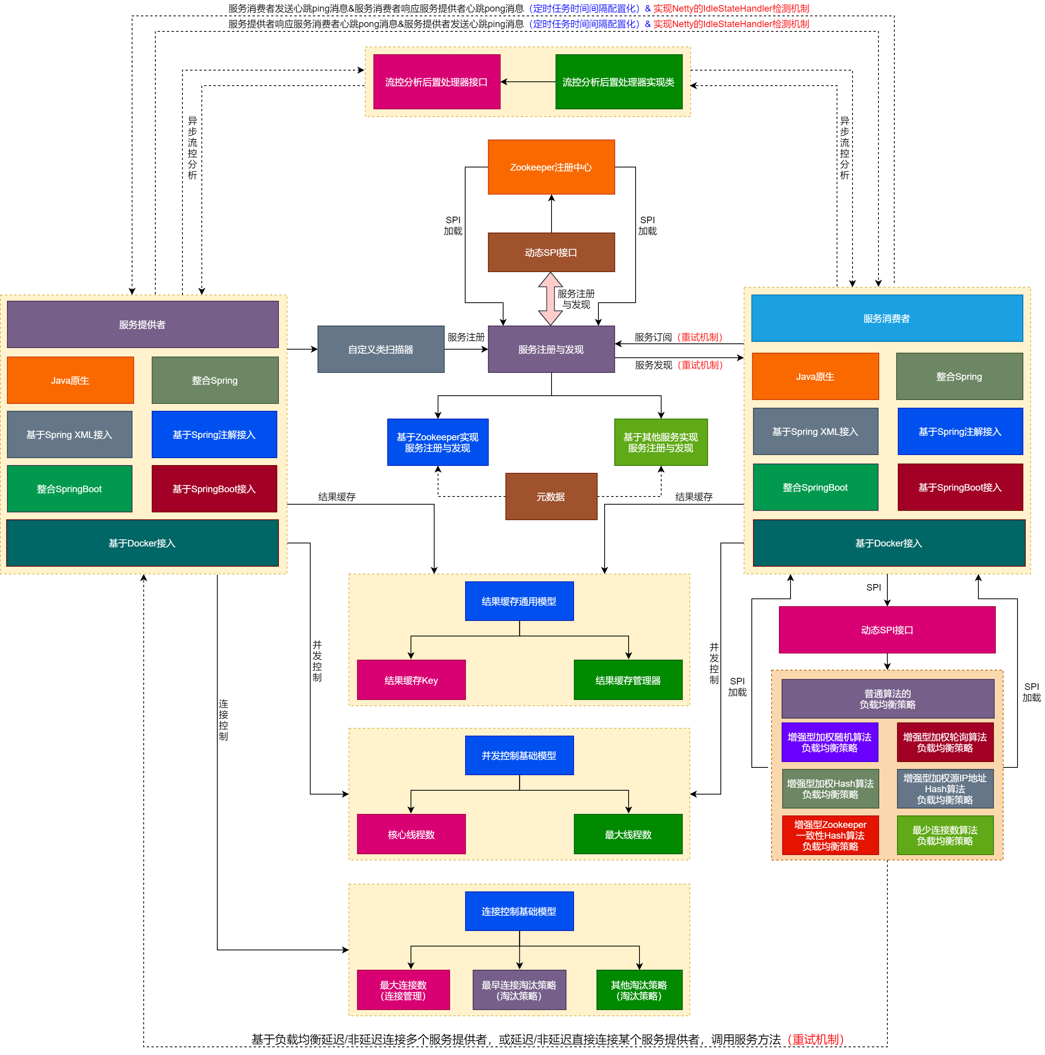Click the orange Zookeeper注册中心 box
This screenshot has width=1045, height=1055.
pos(551,167)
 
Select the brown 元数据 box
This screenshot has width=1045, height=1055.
pos(551,496)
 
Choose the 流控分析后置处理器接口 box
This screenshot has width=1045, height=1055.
pos(436,82)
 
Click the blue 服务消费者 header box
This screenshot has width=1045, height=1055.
pos(886,318)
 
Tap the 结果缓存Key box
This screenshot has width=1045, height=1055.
pos(411,680)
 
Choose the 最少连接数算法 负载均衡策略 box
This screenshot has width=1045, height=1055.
pos(945,835)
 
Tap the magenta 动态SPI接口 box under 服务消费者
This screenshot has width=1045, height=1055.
pos(886,629)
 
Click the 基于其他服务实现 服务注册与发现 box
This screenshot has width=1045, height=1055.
pos(660,442)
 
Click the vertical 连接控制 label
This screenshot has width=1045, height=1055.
pos(223,720)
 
